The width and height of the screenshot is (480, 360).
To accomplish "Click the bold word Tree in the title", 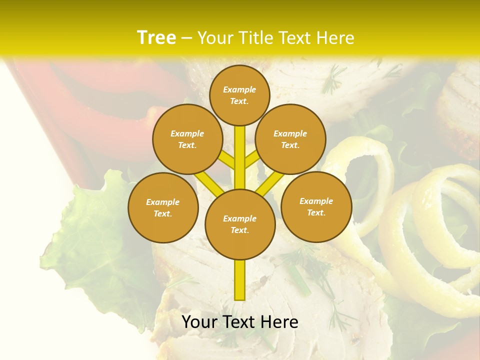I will (x=156, y=37).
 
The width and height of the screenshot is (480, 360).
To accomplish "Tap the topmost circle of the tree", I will (x=239, y=95).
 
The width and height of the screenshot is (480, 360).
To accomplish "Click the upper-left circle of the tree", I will (x=187, y=139).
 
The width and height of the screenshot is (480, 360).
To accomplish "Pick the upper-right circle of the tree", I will (x=290, y=139).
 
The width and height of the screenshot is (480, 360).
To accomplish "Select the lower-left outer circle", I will (x=162, y=207).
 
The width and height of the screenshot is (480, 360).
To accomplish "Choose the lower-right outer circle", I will (x=316, y=206).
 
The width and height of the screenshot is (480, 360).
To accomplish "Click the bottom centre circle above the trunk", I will (x=239, y=224).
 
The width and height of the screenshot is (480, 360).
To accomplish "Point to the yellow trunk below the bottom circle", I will (x=239, y=280).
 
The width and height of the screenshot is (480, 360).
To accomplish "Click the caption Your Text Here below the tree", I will (x=239, y=322).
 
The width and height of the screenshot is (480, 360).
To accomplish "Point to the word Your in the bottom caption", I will (x=196, y=322).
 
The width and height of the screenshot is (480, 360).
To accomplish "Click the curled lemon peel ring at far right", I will (x=440, y=210).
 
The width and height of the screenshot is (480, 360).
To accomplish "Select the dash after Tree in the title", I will (x=186, y=38).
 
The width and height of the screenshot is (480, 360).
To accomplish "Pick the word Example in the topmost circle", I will (x=239, y=89).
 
